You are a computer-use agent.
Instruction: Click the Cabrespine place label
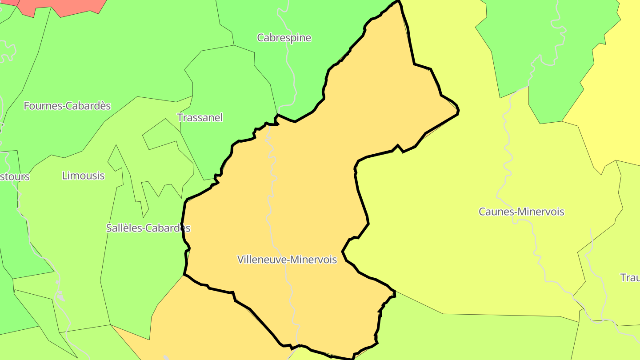284,38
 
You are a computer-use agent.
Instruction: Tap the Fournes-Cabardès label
67,106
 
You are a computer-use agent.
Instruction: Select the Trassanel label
200,118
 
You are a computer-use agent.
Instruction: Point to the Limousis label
83,176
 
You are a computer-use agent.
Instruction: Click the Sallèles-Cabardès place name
148,228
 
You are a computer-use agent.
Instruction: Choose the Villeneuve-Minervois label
287,260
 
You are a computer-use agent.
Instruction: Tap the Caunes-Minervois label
521,212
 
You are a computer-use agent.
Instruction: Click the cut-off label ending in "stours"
15,176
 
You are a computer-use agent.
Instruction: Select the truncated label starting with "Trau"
630,278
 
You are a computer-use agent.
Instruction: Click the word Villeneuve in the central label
260,260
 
